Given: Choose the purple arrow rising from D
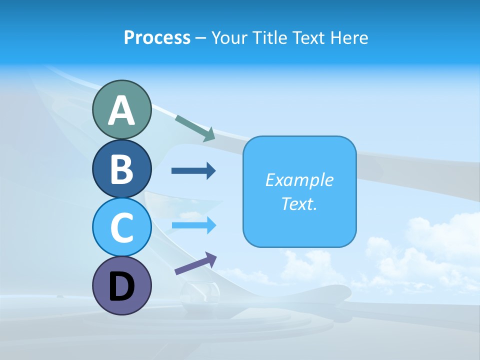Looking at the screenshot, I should click(x=195, y=263).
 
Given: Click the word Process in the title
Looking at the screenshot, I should click(x=157, y=38).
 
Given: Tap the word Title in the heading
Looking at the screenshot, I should click(x=266, y=38).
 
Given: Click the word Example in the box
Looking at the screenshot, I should click(x=299, y=180).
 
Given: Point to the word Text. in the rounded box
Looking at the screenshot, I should click(x=299, y=203).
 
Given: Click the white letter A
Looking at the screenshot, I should click(x=121, y=111).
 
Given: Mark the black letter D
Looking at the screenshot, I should click(x=121, y=286).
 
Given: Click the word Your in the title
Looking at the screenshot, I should click(x=229, y=38).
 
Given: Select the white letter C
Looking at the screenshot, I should click(x=121, y=227).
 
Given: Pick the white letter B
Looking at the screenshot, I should click(x=121, y=169).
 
